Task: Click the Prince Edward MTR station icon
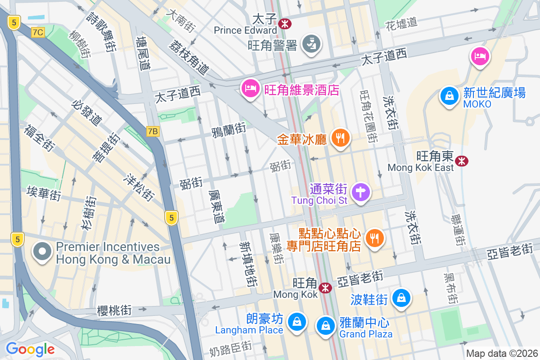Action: pos(284,23)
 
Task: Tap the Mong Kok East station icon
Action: pos(461,161)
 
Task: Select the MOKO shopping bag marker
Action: pos(449,96)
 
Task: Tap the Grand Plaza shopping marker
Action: pos(325,326)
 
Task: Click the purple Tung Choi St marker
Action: pos(360,193)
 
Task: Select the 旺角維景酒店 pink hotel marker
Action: pos(250,88)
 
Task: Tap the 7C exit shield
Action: pos(38,32)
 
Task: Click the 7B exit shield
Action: pos(153,131)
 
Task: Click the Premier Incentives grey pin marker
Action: pos(43,252)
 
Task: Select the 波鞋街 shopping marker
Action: pos(400,298)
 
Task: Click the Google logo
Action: pos(30,349)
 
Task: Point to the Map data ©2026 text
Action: pos(501,354)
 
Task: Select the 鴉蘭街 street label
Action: pos(229,130)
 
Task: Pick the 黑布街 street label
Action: pos(450,288)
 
